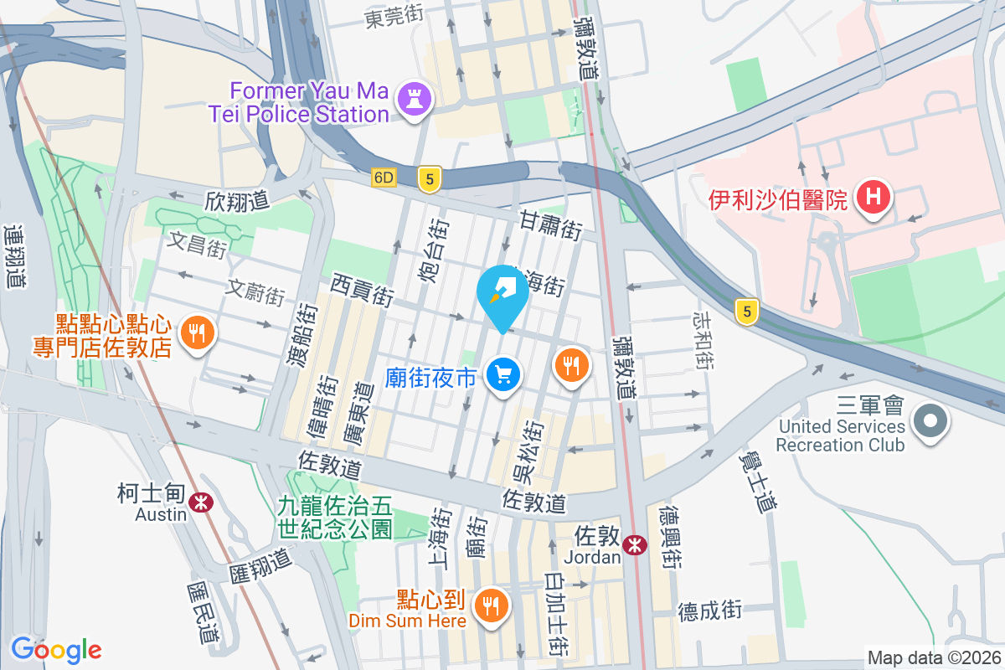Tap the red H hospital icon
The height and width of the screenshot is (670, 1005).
(874, 198)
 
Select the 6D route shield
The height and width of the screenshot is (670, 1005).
(384, 178)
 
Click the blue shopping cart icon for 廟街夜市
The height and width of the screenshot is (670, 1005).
(505, 374)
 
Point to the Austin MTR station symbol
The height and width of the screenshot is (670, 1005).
(199, 502)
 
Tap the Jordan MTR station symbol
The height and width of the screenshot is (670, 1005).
(636, 544)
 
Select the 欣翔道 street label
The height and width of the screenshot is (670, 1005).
(237, 201)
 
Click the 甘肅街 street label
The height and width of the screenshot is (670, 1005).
(550, 224)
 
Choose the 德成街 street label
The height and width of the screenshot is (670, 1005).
(710, 610)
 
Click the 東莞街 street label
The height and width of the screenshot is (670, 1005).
(394, 18)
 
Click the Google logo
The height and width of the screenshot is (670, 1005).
(56, 649)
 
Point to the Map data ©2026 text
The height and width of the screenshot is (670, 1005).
(934, 657)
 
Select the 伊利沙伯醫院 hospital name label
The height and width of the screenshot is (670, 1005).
(779, 199)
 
